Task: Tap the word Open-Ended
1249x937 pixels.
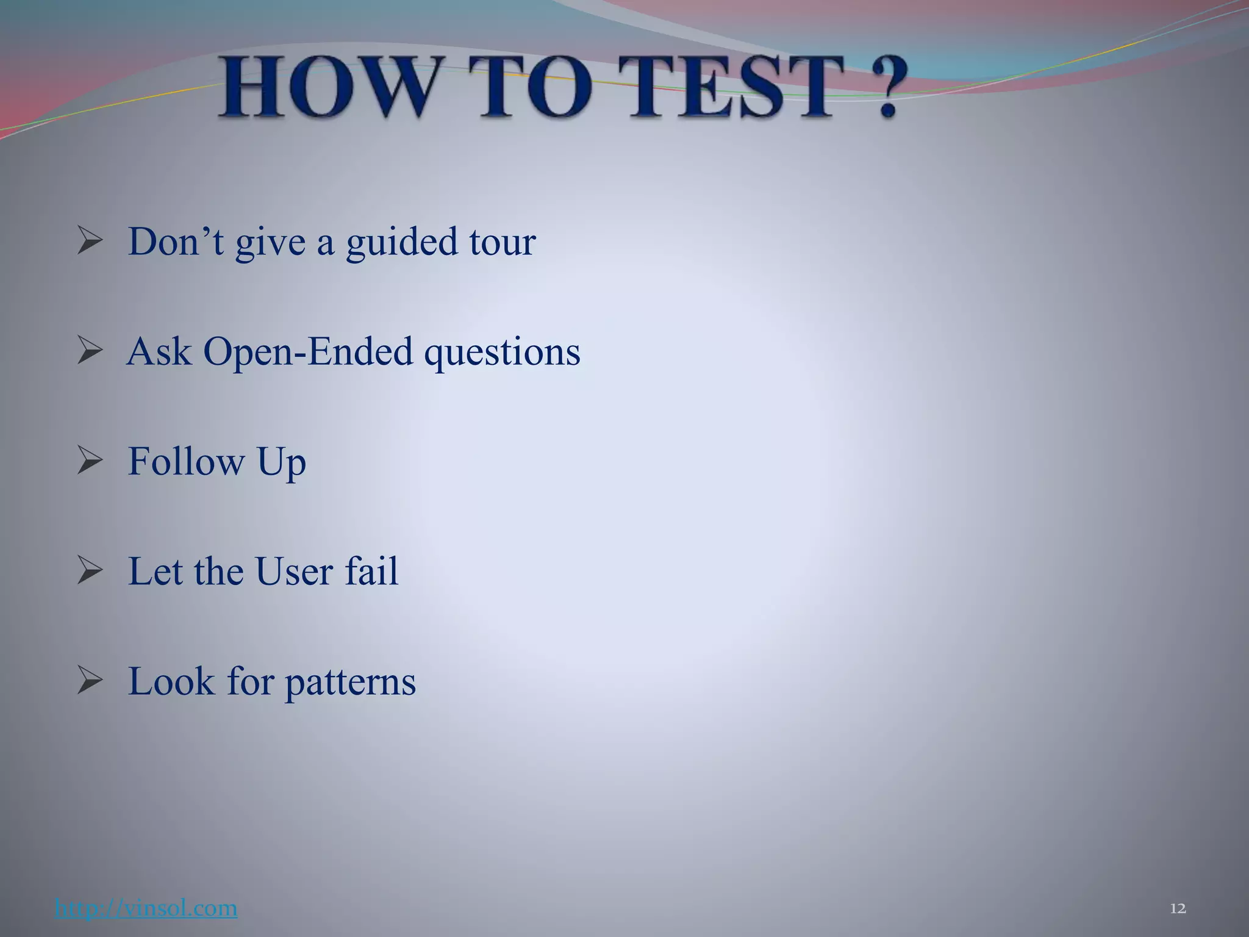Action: click(x=308, y=353)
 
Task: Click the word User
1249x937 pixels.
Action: click(x=294, y=572)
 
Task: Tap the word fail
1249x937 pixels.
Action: click(x=371, y=571)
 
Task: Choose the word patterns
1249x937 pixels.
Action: click(x=350, y=683)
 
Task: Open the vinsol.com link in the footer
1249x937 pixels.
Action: click(x=146, y=908)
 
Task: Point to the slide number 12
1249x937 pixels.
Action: click(x=1178, y=909)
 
